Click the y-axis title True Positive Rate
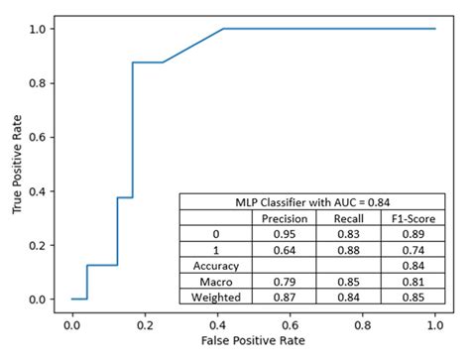coord(17,165)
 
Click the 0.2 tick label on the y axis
coord(37,245)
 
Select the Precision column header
coord(284,218)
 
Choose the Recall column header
coord(348,218)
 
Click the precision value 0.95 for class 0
coord(284,234)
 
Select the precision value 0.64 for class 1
coord(284,250)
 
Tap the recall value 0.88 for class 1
coord(348,250)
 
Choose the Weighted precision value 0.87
coord(284,299)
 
